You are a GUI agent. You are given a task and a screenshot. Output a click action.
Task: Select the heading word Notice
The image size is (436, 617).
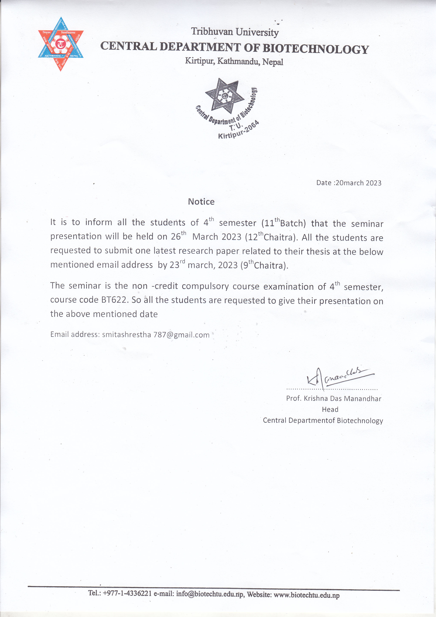(x=201, y=202)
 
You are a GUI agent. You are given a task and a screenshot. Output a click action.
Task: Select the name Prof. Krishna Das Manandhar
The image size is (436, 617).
(x=334, y=398)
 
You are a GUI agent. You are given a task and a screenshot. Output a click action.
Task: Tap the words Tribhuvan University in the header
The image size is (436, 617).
(x=235, y=32)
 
